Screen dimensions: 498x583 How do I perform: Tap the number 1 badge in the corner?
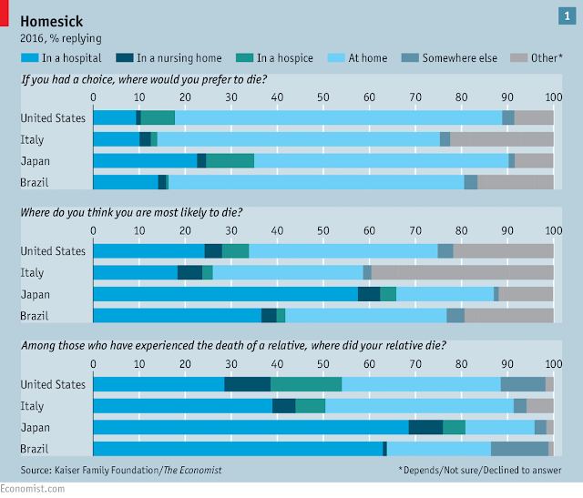tap(566, 15)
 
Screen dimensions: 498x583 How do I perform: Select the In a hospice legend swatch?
tap(246, 58)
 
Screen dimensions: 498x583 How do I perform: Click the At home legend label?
tap(367, 58)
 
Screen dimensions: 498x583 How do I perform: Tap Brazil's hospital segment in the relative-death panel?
tap(238, 449)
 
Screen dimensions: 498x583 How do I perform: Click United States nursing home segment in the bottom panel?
tap(247, 384)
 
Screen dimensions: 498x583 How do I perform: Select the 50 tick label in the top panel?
tap(322, 97)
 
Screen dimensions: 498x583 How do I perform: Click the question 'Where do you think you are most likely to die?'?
tap(131, 212)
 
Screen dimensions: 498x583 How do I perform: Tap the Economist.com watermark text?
tap(33, 490)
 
